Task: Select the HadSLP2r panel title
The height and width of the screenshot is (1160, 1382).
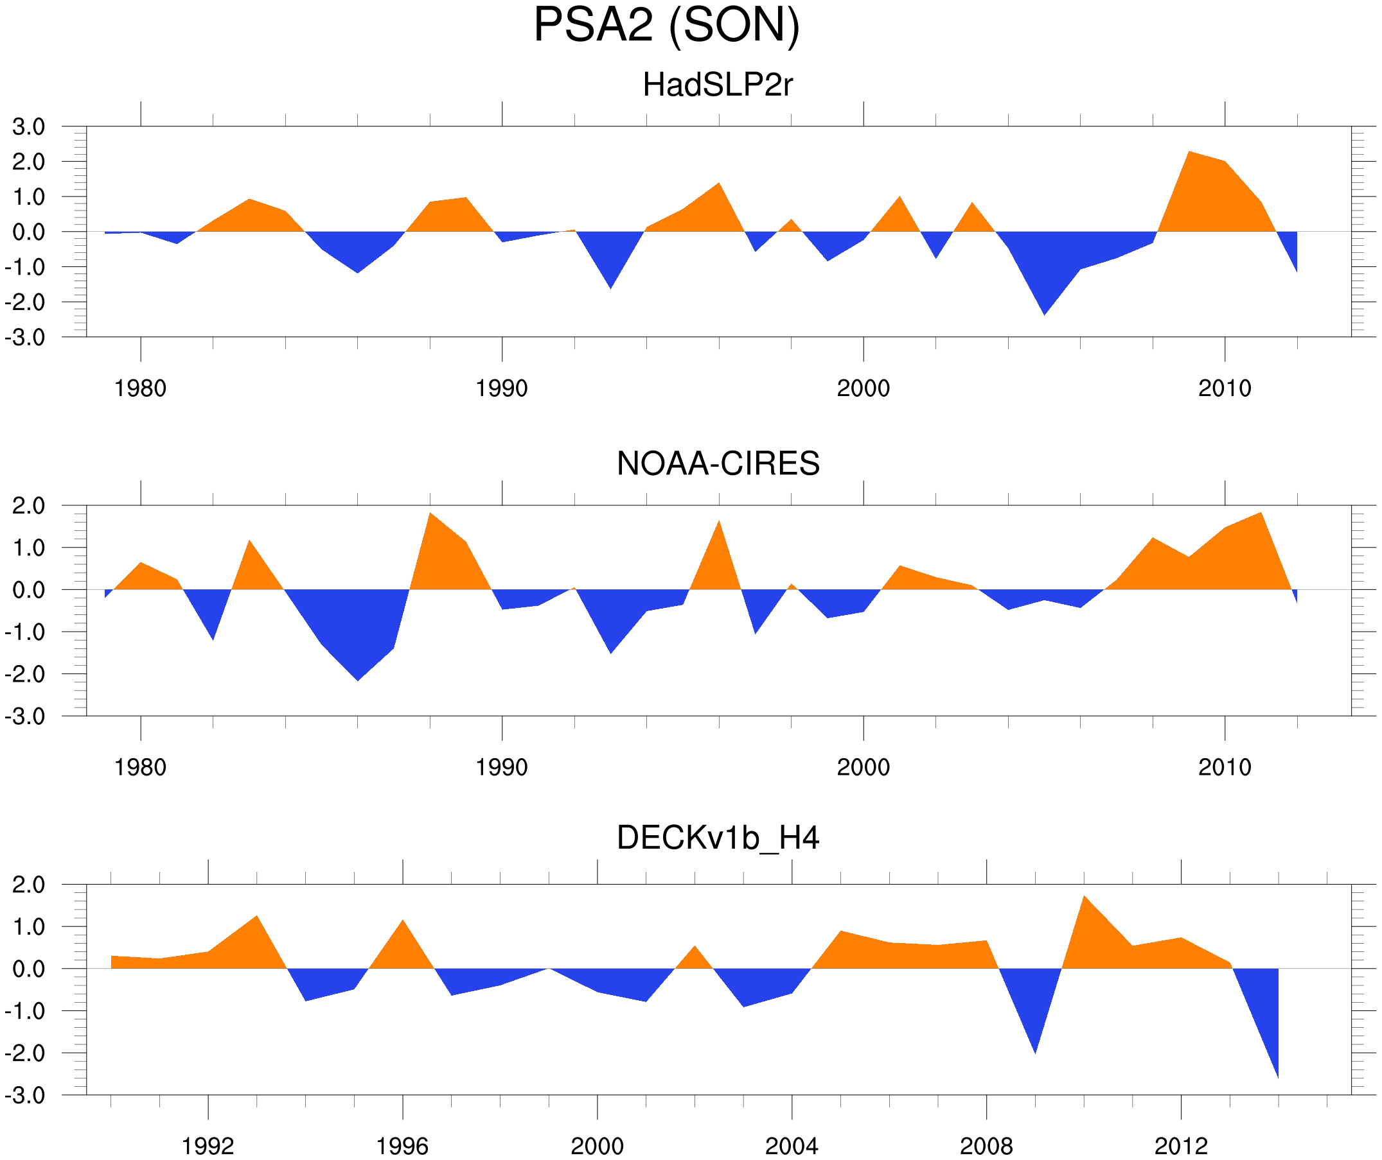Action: coord(717,85)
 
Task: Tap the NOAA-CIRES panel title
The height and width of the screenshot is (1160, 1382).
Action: coord(718,463)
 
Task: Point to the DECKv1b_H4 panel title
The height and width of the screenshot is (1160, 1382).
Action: coord(718,838)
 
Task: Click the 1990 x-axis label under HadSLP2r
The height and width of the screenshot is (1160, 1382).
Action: coord(502,388)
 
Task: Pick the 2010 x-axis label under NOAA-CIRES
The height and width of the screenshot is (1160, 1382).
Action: coord(1224,767)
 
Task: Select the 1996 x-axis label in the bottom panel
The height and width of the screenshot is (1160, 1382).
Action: coord(402,1146)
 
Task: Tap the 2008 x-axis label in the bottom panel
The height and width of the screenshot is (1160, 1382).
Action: coord(986,1146)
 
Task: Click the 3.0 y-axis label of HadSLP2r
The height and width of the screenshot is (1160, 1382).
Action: coord(28,127)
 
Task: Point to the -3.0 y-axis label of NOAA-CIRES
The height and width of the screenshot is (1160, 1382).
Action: coord(25,717)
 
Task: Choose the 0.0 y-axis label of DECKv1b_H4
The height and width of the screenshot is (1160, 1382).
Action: coord(28,969)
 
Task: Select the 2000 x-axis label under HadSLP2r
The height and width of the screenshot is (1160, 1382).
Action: coord(863,388)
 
